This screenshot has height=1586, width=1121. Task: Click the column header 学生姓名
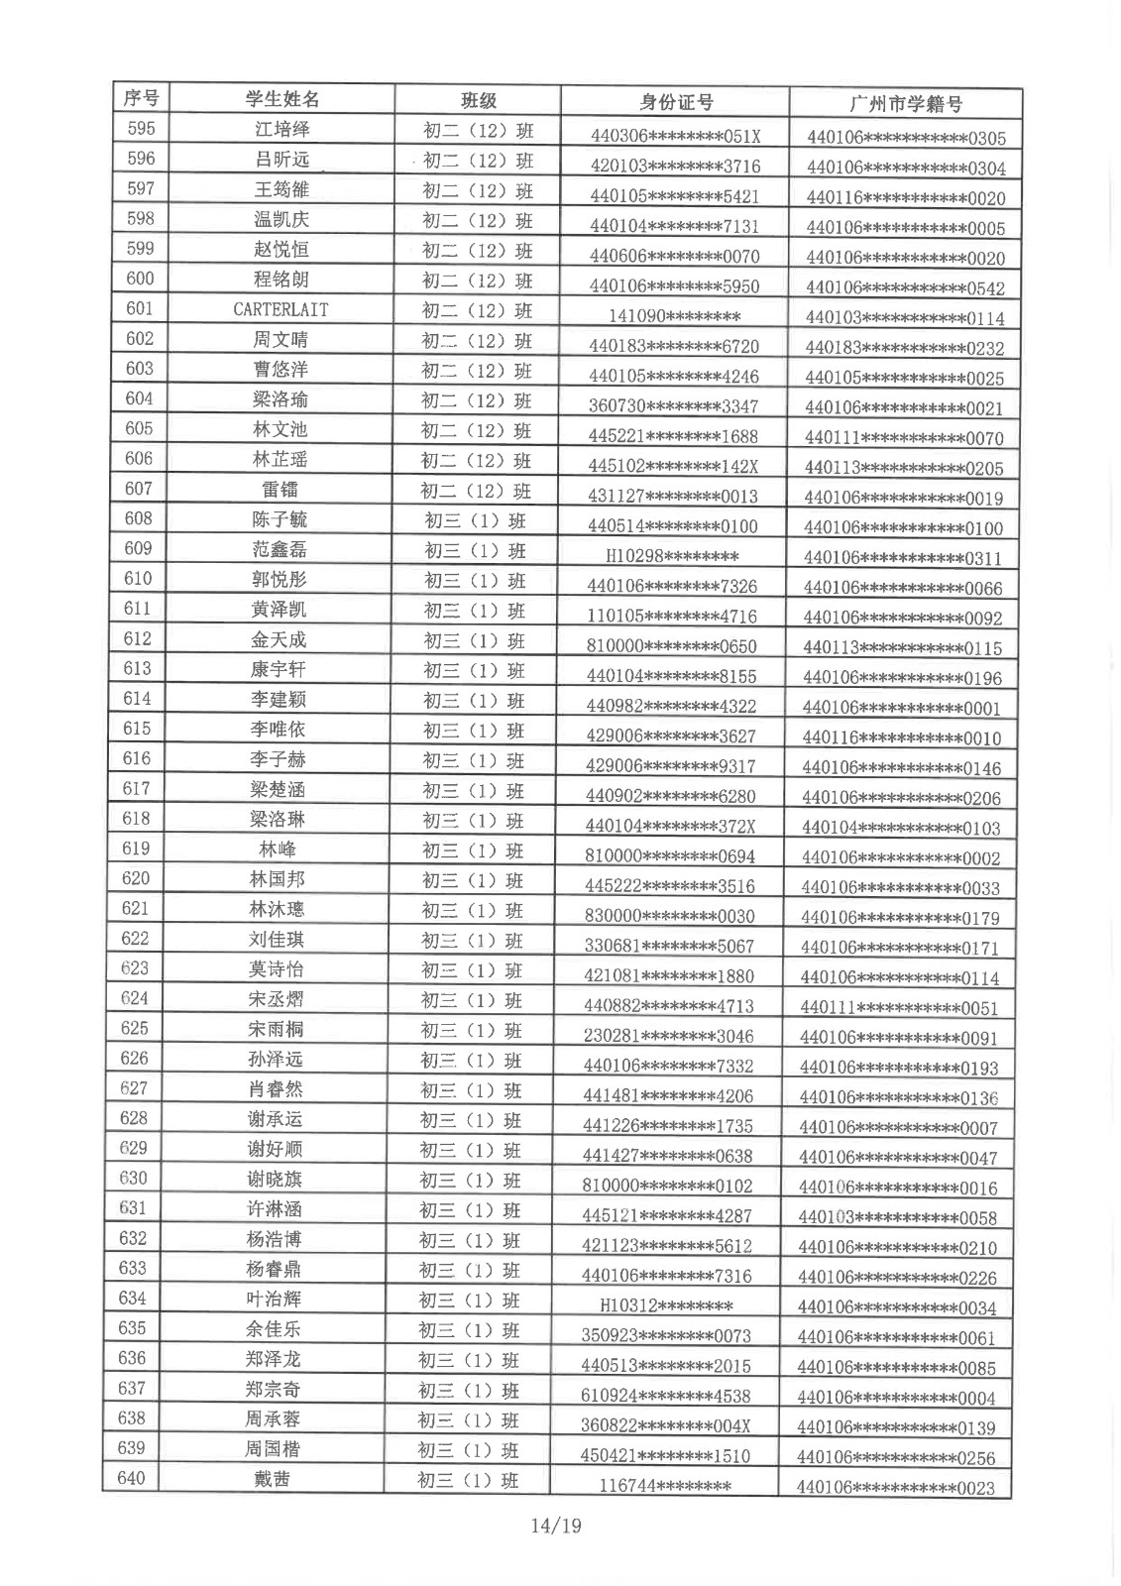click(282, 99)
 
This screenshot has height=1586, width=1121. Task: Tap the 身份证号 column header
click(676, 102)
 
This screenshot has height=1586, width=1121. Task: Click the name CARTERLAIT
click(280, 309)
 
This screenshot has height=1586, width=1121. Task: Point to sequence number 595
click(142, 128)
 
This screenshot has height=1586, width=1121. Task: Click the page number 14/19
click(556, 1525)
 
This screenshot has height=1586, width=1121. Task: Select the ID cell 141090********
click(675, 317)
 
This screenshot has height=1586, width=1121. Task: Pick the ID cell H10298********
click(673, 556)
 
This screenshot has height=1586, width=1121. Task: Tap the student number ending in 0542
click(905, 288)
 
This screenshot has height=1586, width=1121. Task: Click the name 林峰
click(278, 850)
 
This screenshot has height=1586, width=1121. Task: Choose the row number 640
click(132, 1478)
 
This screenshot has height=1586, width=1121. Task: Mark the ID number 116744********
click(665, 1485)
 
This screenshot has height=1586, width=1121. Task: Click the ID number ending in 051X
click(675, 136)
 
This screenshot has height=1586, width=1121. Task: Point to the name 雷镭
click(280, 489)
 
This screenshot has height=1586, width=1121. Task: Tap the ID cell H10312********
click(666, 1305)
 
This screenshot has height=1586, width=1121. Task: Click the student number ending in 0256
click(896, 1457)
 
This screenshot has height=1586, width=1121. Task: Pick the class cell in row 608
click(475, 520)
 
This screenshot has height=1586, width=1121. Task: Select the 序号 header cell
click(141, 97)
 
